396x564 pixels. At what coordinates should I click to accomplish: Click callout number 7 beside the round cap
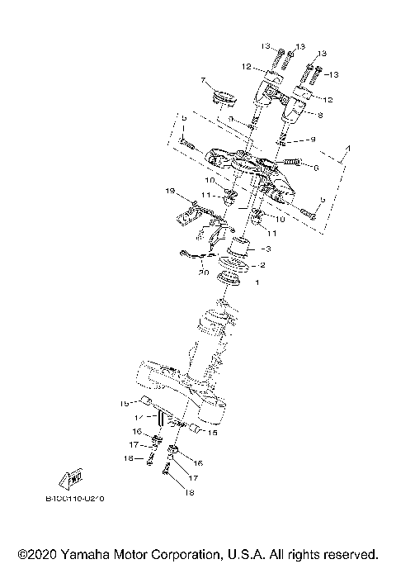(200, 80)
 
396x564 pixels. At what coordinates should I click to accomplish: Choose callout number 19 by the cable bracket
(170, 192)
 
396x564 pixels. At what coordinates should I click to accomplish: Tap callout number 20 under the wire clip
(202, 272)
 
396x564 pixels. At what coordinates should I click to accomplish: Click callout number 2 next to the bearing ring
(262, 265)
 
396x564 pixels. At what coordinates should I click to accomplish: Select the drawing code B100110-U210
(79, 499)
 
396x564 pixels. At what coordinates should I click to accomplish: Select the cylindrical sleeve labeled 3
(240, 245)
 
